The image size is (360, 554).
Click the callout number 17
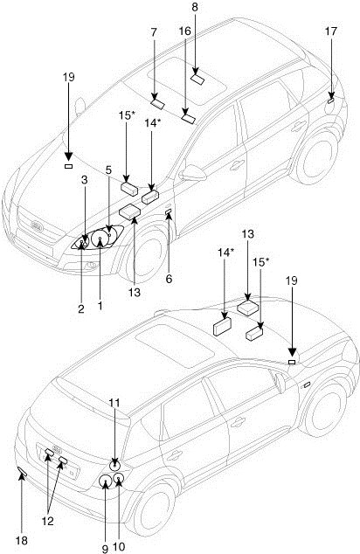click(331, 31)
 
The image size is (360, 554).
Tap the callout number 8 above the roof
click(195, 7)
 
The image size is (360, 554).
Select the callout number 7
click(153, 32)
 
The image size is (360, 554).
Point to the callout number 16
click(184, 31)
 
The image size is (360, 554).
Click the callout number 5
click(108, 170)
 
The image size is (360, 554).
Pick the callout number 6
click(169, 279)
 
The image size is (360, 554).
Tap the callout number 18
click(22, 541)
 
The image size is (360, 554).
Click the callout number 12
click(48, 521)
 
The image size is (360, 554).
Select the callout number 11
click(114, 403)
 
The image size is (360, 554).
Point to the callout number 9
click(105, 549)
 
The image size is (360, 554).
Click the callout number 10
click(119, 547)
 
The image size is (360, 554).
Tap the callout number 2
click(81, 308)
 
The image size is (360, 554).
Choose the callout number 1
click(100, 305)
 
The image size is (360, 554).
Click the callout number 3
click(84, 180)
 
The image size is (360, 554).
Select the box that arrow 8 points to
click(197, 80)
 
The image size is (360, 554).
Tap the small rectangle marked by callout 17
click(330, 101)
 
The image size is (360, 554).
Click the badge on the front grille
click(37, 226)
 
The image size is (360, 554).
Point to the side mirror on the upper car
click(193, 174)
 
